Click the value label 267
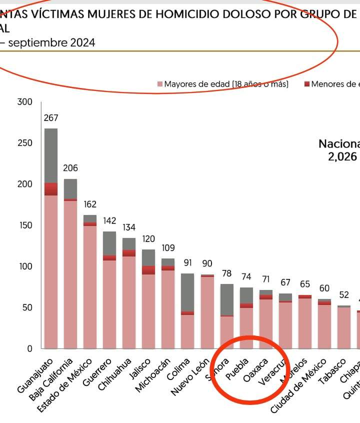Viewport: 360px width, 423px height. click(51, 118)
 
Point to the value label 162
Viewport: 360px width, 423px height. click(90, 204)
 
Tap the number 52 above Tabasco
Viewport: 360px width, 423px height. click(344, 295)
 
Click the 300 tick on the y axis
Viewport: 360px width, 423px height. click(24, 102)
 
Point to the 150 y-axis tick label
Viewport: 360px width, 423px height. click(24, 225)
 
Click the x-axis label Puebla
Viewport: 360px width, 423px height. click(237, 369)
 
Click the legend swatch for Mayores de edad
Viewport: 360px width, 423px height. click(160, 84)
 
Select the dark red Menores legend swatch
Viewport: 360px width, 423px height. click(307, 84)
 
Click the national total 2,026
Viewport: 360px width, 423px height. click(342, 157)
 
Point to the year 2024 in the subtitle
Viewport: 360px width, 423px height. click(82, 43)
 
